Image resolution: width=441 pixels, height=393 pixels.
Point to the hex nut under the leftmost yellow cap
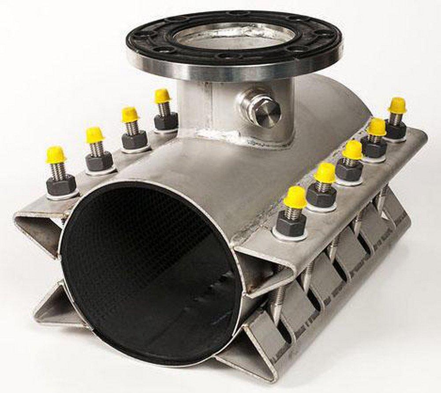pyautogui.click(x=61, y=185)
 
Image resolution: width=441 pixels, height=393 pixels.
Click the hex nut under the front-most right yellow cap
pyautogui.click(x=291, y=224)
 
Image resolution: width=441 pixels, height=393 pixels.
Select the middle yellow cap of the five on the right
pyautogui.click(x=353, y=150)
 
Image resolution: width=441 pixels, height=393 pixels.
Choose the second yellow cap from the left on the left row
pyautogui.click(x=95, y=135)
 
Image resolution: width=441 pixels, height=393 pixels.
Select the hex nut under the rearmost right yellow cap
pyautogui.click(x=396, y=129)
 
